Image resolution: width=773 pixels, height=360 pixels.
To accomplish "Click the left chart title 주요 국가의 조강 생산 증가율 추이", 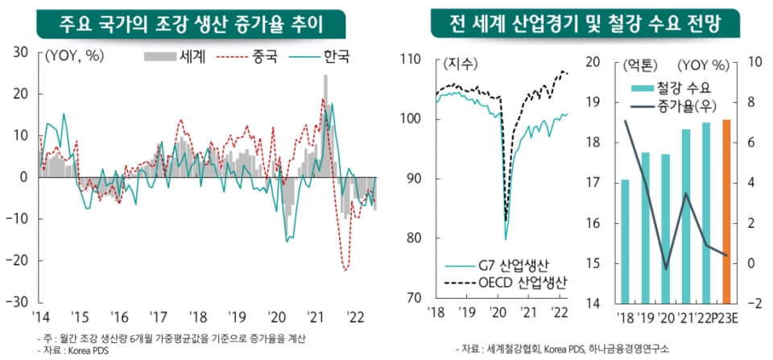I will click(191, 23).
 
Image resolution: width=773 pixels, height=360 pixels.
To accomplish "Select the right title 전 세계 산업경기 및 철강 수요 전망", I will click(587, 23).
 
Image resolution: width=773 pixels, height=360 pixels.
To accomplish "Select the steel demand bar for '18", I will click(625, 241).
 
